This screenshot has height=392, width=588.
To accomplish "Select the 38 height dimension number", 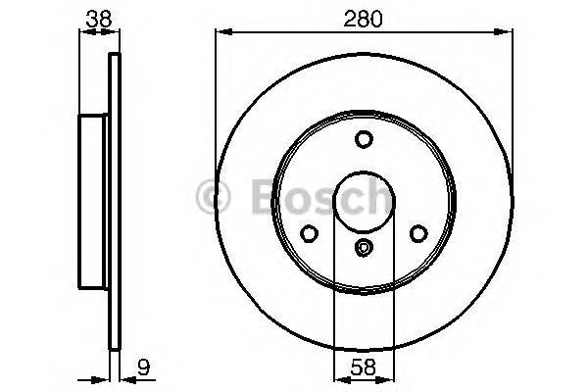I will pyautogui.click(x=96, y=17).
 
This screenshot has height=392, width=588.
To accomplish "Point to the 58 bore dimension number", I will pyautogui.click(x=364, y=369).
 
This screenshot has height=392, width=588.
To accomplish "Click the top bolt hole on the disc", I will pyautogui.click(x=364, y=139).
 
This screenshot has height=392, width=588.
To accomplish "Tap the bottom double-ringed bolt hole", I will pyautogui.click(x=364, y=249).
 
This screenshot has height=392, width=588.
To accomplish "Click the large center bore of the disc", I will pyautogui.click(x=364, y=199).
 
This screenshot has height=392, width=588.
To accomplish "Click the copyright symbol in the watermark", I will pyautogui.click(x=214, y=196).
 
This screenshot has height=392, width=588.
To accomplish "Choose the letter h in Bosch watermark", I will pyautogui.click(x=376, y=196).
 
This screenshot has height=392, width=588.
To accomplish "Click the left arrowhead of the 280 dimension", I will pyautogui.click(x=220, y=33).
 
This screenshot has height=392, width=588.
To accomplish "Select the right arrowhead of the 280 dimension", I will pyautogui.click(x=509, y=33).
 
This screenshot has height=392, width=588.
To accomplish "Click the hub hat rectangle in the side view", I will pyautogui.click(x=93, y=201).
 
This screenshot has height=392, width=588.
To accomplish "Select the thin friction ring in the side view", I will pyautogui.click(x=114, y=201).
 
